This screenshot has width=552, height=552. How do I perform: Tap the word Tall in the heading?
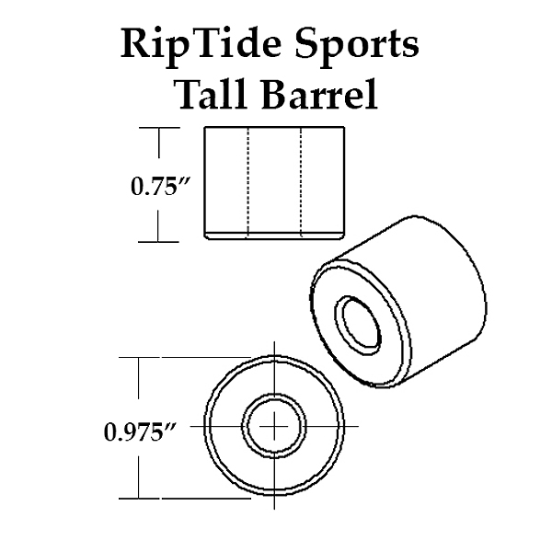pos(212,93)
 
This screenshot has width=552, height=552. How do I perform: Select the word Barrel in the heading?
pos(320,93)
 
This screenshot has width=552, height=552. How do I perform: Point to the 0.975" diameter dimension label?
pos(140,432)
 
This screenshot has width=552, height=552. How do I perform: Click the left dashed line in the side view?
pos(248,181)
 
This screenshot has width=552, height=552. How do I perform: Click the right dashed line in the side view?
pos(302,181)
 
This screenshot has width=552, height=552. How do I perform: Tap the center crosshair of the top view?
pos(274,426)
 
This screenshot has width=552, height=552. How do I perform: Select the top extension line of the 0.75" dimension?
pos(159,128)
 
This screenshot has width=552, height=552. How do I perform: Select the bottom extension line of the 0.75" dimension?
pos(158,242)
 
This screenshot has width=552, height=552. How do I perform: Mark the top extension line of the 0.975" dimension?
pos(185,357)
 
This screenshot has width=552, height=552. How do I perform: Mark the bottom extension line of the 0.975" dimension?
pos(185,499)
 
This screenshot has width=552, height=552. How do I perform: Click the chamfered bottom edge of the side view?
pos(274,236)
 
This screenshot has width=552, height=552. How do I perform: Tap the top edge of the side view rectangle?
pos(274,127)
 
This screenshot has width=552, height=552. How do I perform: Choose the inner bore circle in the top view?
pos(274,426)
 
